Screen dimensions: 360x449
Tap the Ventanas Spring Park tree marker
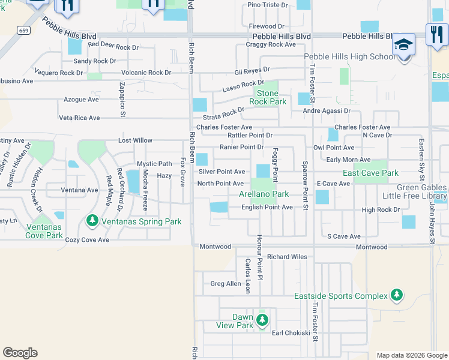92,221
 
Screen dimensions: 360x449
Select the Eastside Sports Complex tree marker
396,295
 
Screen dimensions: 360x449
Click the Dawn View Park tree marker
262,320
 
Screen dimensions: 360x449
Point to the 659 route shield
23,29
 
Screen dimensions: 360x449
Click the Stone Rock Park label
267,97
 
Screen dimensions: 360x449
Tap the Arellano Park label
264,194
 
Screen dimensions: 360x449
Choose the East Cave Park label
370,173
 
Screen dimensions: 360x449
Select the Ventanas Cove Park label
44,231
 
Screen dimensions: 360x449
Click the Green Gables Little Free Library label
413,191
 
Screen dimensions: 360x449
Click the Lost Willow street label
135,140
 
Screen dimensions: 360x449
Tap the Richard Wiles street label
287,257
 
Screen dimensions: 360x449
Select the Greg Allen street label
226,284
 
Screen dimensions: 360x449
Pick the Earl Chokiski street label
291,333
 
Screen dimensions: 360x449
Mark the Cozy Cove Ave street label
88,240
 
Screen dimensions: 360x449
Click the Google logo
20,353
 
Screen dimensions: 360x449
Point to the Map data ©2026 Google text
412,355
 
